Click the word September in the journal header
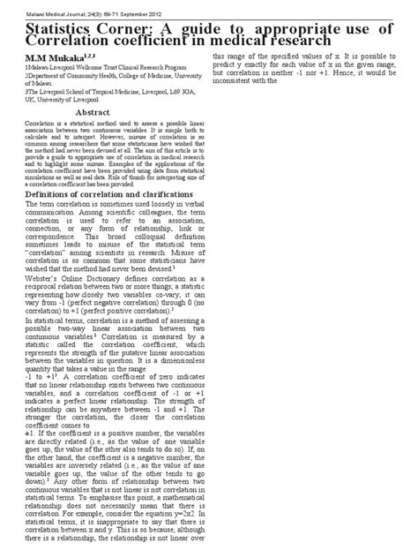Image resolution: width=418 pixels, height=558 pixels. click(x=122, y=6)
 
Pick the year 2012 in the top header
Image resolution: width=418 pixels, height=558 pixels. click(x=151, y=6)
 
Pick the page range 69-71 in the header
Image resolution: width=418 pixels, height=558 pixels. click(x=89, y=6)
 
